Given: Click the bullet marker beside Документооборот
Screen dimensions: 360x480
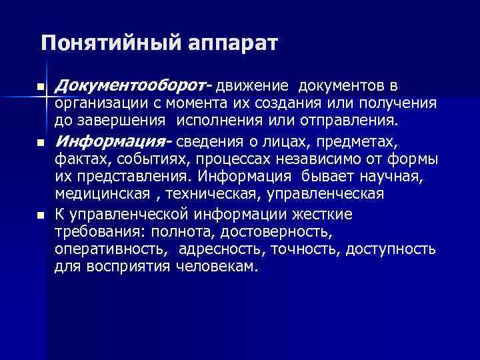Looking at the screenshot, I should coord(41,87).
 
